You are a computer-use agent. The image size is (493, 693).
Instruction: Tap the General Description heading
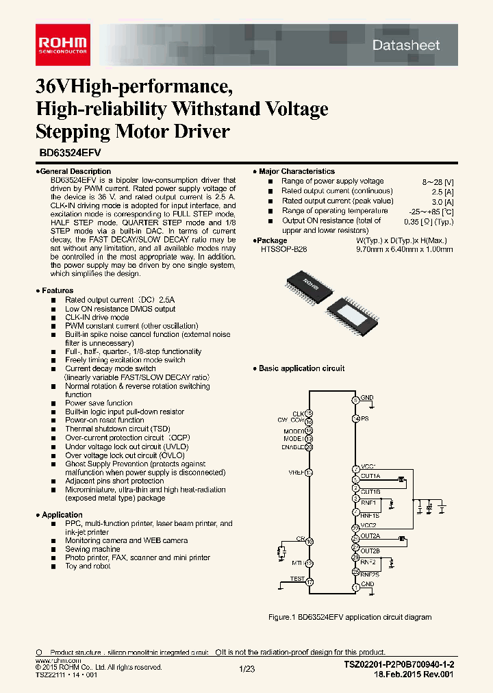[x=75, y=171]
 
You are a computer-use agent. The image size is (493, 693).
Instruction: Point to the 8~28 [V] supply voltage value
[x=438, y=181]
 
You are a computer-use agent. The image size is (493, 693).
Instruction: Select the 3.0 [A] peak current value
[x=444, y=201]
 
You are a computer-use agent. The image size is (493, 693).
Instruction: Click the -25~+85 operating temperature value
[x=438, y=212]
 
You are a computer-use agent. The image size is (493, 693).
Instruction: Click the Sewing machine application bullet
[x=92, y=549]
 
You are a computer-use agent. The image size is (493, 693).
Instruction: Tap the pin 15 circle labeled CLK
[x=309, y=413]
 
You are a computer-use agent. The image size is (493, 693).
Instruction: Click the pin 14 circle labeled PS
[x=355, y=418]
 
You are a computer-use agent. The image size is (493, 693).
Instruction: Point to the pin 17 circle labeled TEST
[x=309, y=582]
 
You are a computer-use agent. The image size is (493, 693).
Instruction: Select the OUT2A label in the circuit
[x=370, y=535]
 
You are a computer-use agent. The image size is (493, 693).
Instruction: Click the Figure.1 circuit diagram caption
[x=349, y=617]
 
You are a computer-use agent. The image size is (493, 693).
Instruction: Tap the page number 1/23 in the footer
[x=246, y=668]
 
